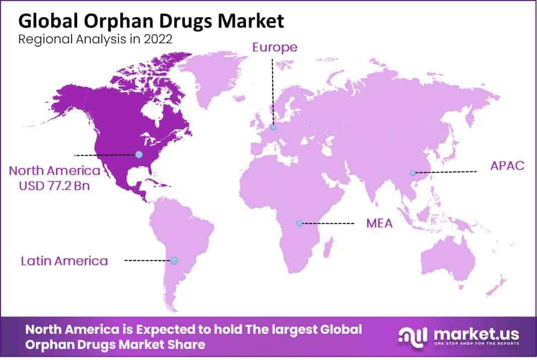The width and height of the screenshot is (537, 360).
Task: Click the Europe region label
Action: pyautogui.click(x=275, y=47)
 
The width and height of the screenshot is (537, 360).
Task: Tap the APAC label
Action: pyautogui.click(x=508, y=165)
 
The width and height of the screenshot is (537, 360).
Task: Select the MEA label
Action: pyautogui.click(x=379, y=223)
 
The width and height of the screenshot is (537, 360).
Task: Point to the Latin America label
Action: pyautogui.click(x=65, y=261)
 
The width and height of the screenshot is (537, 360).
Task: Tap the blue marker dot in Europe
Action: pyautogui.click(x=273, y=128)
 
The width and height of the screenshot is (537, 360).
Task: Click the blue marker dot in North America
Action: pyautogui.click(x=139, y=154)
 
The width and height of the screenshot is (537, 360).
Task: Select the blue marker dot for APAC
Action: pyautogui.click(x=412, y=173)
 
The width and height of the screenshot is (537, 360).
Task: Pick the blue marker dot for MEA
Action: pyautogui.click(x=299, y=223)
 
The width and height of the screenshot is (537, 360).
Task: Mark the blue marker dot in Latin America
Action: pyautogui.click(x=174, y=260)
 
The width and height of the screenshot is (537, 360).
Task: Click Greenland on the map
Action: pyautogui.click(x=212, y=76)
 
